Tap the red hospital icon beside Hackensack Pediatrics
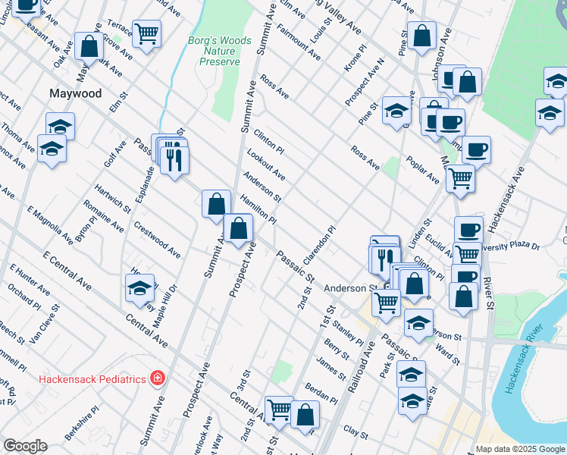(x=157, y=377)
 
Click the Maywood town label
(x=75, y=93)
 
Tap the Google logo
(x=25, y=446)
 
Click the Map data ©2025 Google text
(x=519, y=449)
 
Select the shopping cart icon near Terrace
(x=146, y=33)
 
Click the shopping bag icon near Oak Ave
(x=89, y=45)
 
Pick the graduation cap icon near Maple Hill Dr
(x=139, y=287)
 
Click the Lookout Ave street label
(x=266, y=165)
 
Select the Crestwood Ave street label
(x=157, y=240)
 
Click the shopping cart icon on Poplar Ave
(x=459, y=178)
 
